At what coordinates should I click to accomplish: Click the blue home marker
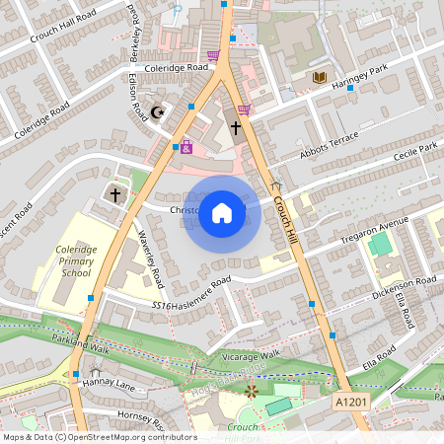point(222,212)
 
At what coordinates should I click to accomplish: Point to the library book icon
point(320,77)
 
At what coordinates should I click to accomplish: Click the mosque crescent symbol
point(156,112)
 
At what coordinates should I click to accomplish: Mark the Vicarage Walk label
point(251,354)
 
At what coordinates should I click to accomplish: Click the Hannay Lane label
point(109,383)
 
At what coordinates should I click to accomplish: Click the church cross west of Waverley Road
point(114,194)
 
